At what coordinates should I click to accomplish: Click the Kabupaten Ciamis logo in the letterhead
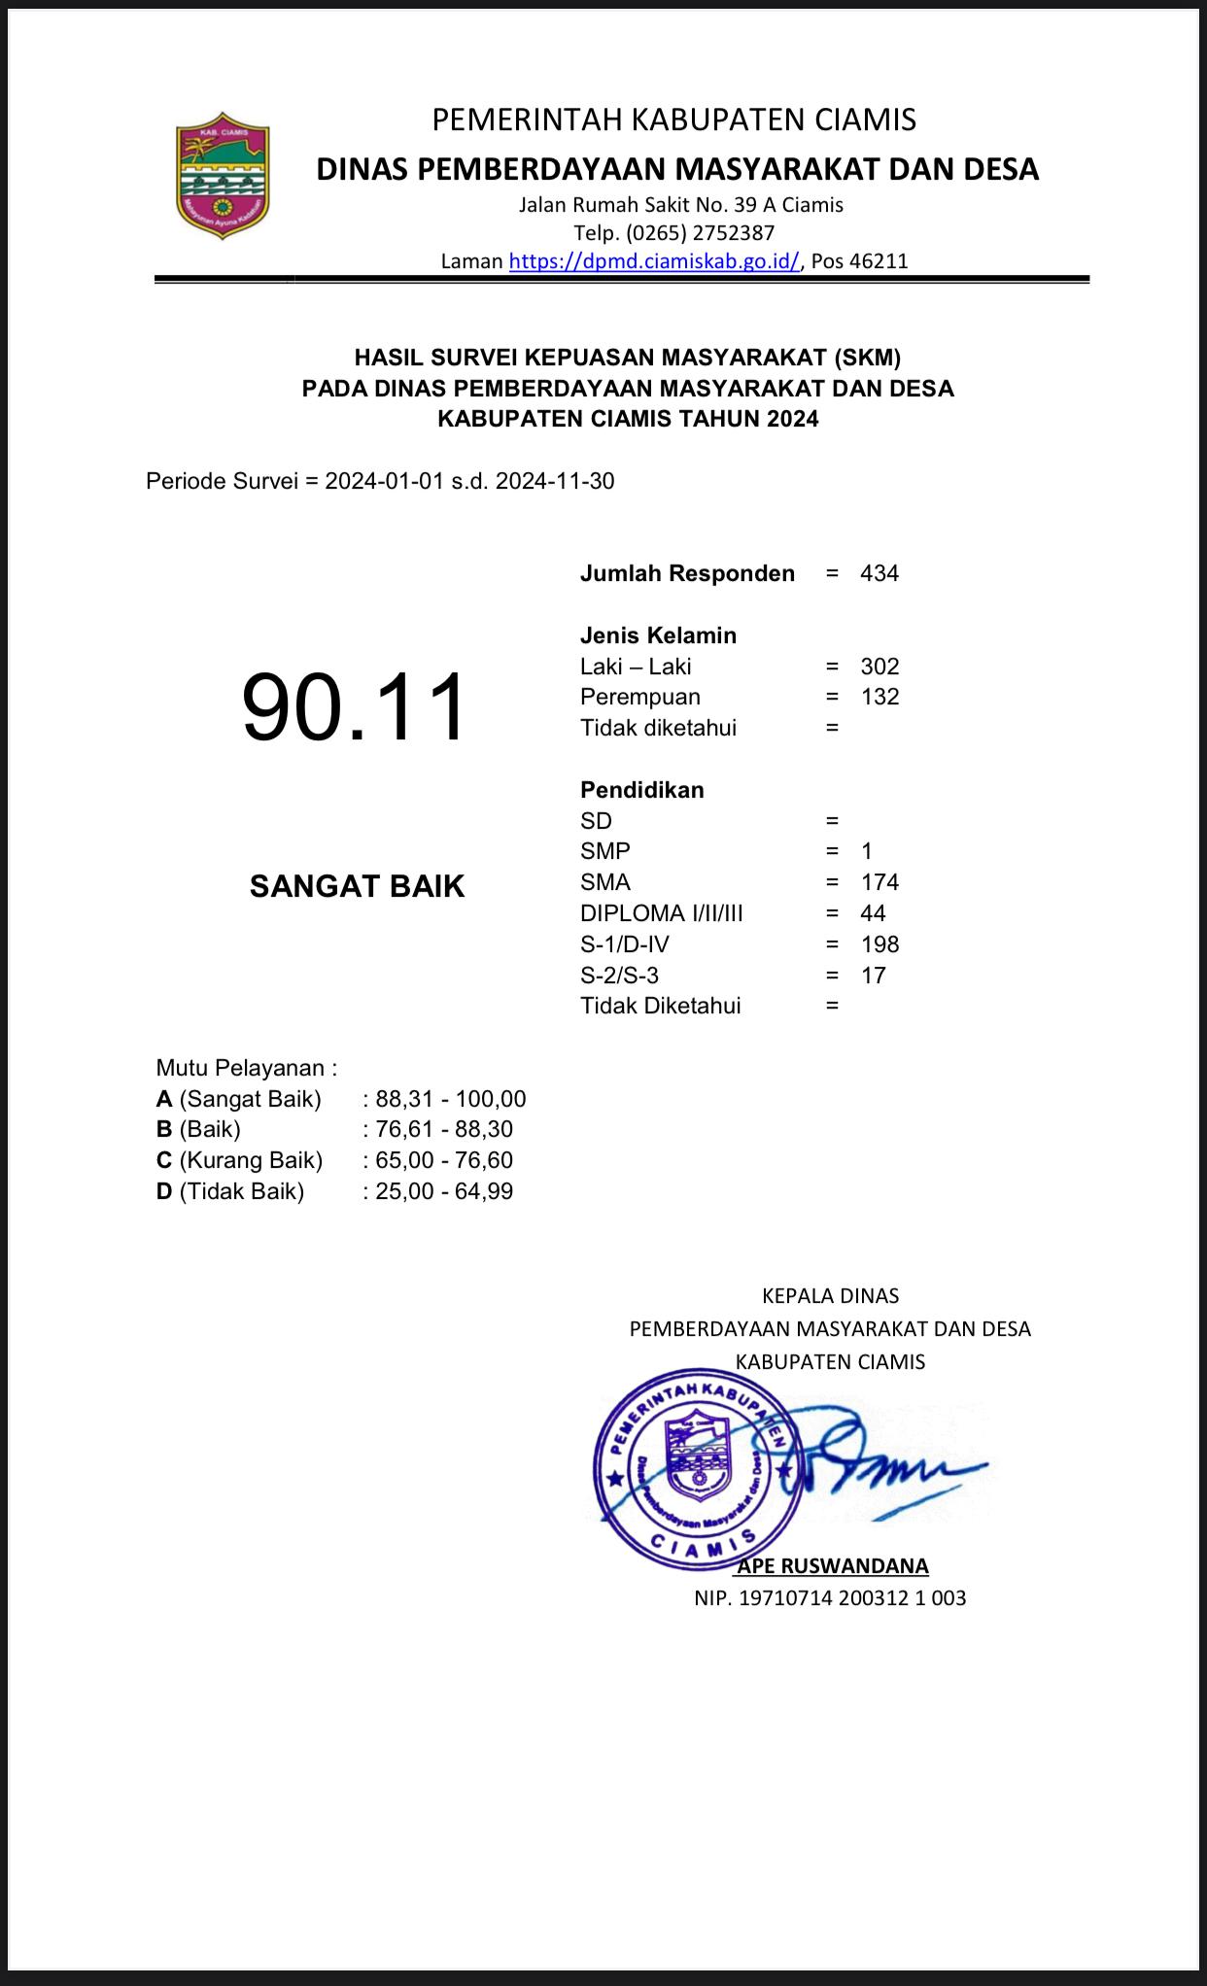(223, 180)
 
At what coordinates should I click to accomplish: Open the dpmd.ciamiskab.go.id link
(654, 260)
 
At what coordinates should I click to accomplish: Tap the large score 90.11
(355, 708)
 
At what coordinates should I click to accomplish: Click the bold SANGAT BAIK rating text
(357, 886)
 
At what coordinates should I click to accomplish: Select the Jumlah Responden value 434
(879, 573)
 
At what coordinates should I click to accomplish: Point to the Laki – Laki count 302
(879, 667)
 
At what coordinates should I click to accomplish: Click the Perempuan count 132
(879, 697)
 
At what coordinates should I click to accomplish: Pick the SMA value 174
(879, 882)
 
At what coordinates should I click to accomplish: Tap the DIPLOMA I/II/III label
(661, 913)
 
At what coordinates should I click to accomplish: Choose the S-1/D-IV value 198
(879, 944)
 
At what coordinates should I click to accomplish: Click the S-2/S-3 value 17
(873, 976)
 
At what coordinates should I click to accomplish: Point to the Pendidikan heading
(641, 790)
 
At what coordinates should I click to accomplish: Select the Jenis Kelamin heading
(658, 635)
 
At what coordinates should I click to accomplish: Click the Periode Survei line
(380, 481)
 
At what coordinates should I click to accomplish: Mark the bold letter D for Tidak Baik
(164, 1191)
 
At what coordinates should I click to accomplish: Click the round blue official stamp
(698, 1469)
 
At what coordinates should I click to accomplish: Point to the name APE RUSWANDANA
(833, 1565)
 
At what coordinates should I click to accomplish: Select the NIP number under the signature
(830, 1597)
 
